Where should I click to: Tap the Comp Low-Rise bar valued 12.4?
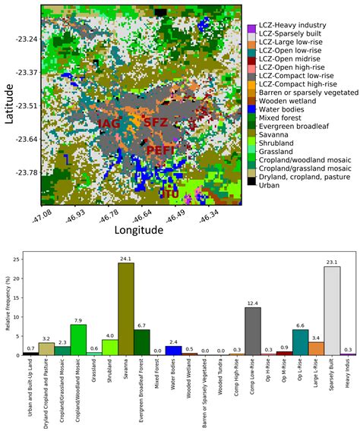tap(252, 331)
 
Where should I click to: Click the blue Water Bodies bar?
tap(174, 350)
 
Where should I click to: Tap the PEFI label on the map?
tap(159, 149)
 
